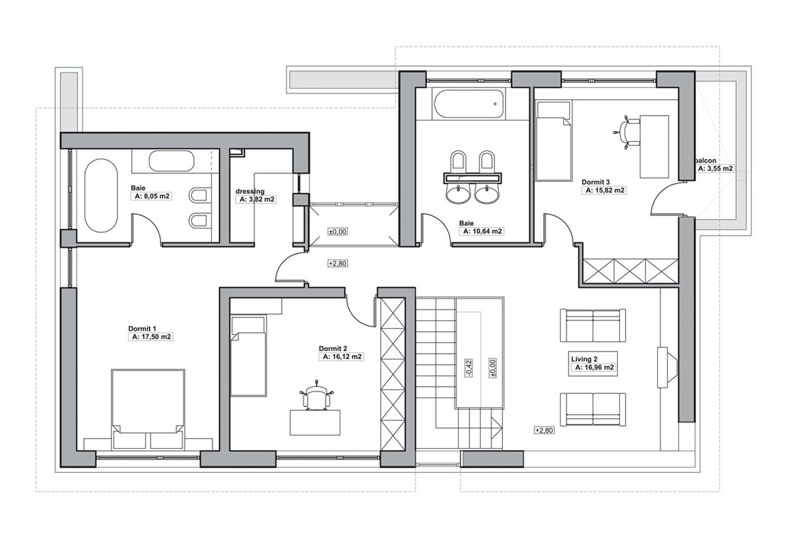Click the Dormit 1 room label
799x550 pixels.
tap(142, 328)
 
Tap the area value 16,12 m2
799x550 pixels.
tap(342, 356)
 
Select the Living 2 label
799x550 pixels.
tap(584, 359)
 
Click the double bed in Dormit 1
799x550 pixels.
tap(148, 409)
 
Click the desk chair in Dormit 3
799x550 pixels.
tap(627, 132)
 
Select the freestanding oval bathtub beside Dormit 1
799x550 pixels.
tap(101, 195)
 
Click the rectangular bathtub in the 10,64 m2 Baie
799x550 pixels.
tap(469, 104)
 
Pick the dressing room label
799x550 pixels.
tap(250, 192)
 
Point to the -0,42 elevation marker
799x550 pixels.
tap(469, 368)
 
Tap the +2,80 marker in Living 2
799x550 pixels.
tap(544, 430)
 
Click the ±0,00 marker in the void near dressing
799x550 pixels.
tap(338, 232)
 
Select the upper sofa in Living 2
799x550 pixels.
tap(592, 326)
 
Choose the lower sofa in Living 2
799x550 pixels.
tap(592, 410)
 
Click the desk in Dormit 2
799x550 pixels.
tap(315, 423)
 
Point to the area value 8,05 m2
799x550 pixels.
tap(152, 196)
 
